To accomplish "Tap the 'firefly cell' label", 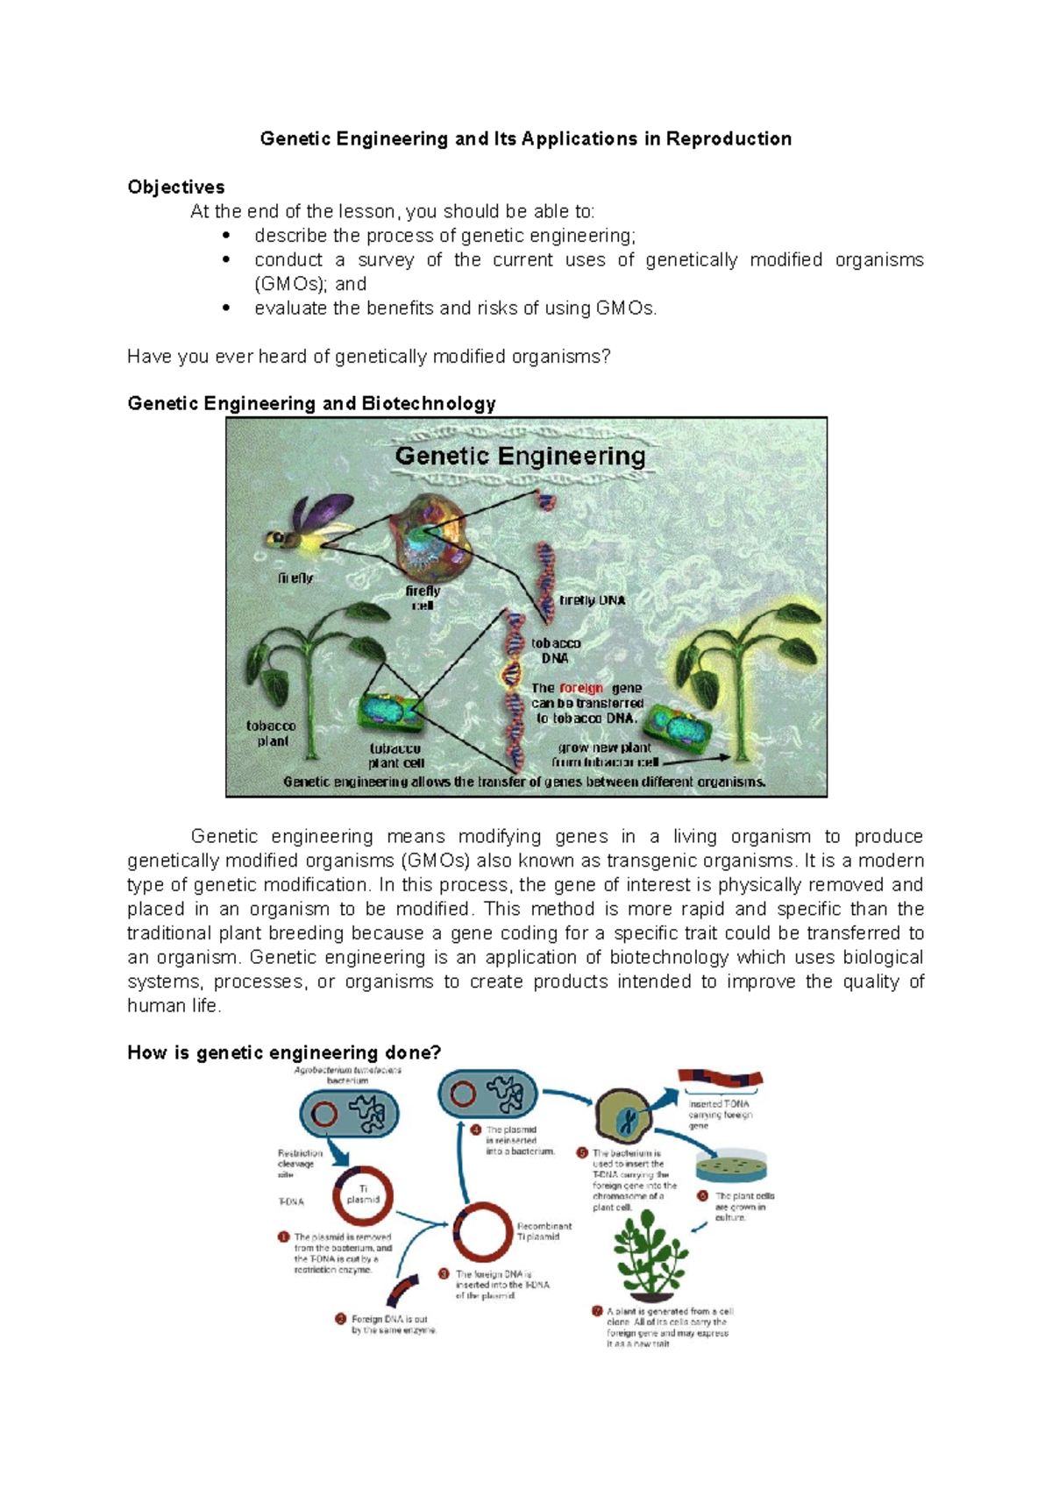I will pos(423,598).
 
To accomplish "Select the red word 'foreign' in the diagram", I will pos(581,688).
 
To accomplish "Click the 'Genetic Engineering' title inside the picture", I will pos(520,456).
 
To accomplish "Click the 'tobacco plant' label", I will pos(271,733).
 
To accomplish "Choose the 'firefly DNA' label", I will pos(592,600).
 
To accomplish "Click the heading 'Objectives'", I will pos(175,187).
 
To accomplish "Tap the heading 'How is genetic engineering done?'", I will pos(284,1052).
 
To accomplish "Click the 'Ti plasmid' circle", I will pos(362,1195).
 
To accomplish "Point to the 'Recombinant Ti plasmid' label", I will pos(544,1231).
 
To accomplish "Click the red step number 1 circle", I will pos(284,1236).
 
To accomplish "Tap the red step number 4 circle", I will pos(476,1130).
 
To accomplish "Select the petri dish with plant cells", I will pos(732,1166).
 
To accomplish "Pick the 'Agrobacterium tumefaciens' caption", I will pos(347,1070).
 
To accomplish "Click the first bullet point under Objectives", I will pos(226,236).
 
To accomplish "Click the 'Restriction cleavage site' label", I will pos(299,1164).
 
